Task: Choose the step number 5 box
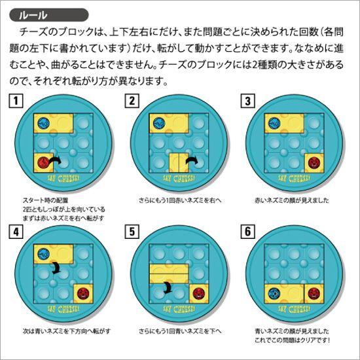coord(133,231)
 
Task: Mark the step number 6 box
coord(248,231)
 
